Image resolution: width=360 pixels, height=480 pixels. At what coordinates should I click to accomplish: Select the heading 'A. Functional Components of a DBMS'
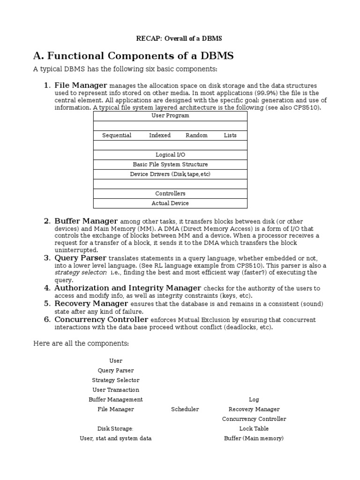pos(133,56)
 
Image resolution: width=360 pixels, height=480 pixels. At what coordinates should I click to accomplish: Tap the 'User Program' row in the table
pos(170,116)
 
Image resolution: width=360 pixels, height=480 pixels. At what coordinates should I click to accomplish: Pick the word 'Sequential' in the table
pos(117,135)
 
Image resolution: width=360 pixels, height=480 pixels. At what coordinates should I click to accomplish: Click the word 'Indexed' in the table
pos(160,135)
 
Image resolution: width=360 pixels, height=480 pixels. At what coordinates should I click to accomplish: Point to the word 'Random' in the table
pos(196,135)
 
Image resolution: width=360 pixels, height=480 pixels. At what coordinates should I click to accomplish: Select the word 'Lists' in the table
pos(230,135)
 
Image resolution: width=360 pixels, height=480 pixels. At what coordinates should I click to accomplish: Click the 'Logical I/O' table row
pos(170,155)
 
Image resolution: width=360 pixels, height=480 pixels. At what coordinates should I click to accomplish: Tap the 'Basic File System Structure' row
pos(170,165)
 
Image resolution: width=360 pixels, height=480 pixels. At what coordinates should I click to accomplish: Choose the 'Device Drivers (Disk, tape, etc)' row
pos(170,174)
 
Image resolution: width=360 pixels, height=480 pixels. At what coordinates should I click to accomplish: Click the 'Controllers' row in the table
pos(170,194)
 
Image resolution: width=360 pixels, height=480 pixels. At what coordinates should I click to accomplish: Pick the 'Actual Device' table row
pos(170,203)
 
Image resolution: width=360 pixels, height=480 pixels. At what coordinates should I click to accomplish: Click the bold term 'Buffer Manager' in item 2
pos(86,221)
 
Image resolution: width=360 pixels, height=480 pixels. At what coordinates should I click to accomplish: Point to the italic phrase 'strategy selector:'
pos(81,272)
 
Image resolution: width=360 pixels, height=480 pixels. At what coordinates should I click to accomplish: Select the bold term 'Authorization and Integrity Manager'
pos(127,288)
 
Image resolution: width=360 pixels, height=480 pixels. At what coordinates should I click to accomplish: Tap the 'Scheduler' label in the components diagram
pos(185,409)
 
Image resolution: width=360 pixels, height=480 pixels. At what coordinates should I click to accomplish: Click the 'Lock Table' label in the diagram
pos(254,428)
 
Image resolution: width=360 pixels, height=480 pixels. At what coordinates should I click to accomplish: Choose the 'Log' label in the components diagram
pos(254,399)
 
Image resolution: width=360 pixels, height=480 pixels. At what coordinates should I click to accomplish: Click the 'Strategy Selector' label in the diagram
pos(116,380)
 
